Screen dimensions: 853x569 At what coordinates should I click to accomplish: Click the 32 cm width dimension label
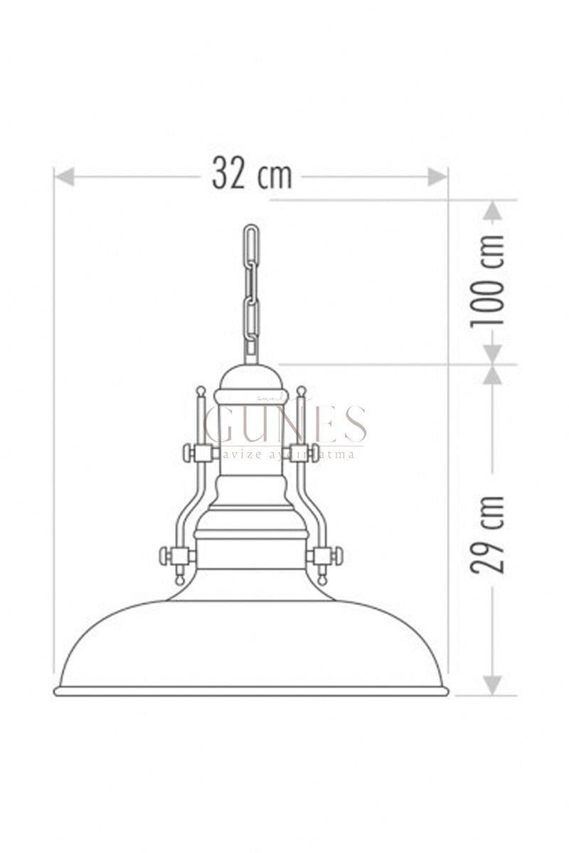click(252, 173)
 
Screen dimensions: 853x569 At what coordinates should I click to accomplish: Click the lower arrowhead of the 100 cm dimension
click(492, 355)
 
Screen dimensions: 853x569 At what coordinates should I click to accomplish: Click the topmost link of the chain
click(252, 245)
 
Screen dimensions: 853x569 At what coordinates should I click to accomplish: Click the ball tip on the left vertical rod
click(201, 391)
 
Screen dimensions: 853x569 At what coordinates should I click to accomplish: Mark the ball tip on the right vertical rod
click(302, 391)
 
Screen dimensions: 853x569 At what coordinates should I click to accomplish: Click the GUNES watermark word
click(285, 425)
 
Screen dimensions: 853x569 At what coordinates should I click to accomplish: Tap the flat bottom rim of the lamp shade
click(251, 691)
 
